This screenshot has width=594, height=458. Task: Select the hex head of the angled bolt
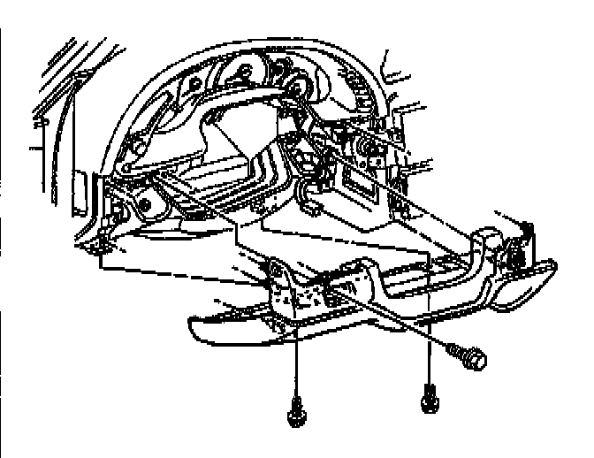473,359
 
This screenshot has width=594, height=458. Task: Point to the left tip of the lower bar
194,327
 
